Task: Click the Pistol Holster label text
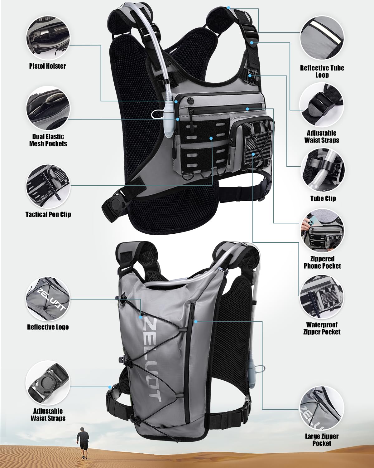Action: [x=47, y=66]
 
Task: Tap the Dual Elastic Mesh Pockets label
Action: [x=48, y=140]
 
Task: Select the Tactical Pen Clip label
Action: [x=48, y=214]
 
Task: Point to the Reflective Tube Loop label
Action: [x=322, y=71]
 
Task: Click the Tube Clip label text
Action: [x=323, y=198]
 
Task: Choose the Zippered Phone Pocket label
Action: [x=322, y=262]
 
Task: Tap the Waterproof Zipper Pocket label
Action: [x=322, y=329]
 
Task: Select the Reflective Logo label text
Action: [x=48, y=327]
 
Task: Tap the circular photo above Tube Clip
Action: [x=323, y=170]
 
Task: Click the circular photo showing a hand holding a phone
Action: [x=322, y=231]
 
